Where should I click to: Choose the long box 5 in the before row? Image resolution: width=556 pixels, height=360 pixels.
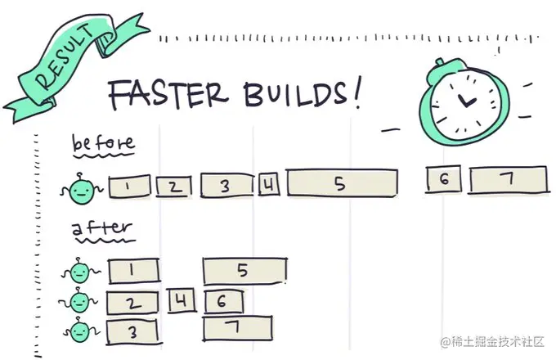click(342, 183)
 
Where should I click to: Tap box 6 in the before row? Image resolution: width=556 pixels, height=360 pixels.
click(442, 179)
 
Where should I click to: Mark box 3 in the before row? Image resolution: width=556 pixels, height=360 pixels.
click(226, 186)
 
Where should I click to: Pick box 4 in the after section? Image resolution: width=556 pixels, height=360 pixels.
click(182, 301)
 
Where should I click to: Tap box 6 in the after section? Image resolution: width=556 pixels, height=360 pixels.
click(223, 301)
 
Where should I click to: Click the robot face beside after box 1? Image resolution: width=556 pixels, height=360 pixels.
click(78, 273)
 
